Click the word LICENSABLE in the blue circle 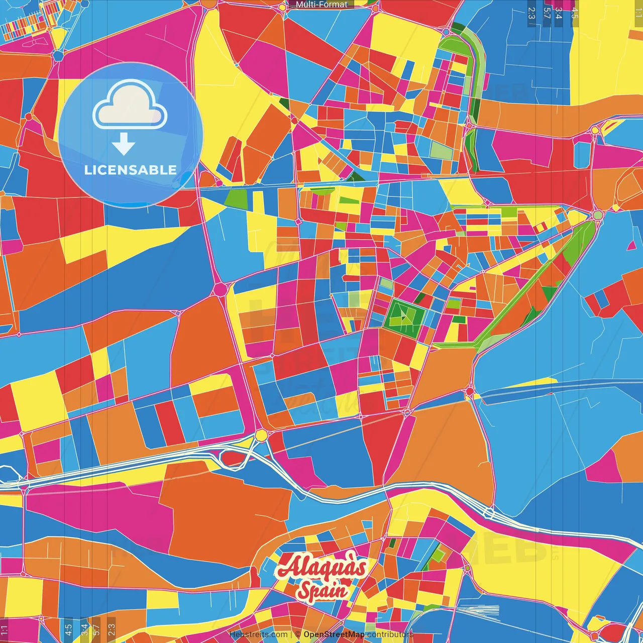tap(131, 170)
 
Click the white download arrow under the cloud tap(124, 144)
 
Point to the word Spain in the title tap(323, 591)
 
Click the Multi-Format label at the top tap(321, 5)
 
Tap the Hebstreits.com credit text tap(258, 634)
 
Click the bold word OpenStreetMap tap(334, 634)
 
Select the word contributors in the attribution tap(390, 634)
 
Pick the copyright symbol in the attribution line tap(297, 634)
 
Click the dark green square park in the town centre tap(404, 315)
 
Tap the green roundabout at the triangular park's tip tap(597, 215)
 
